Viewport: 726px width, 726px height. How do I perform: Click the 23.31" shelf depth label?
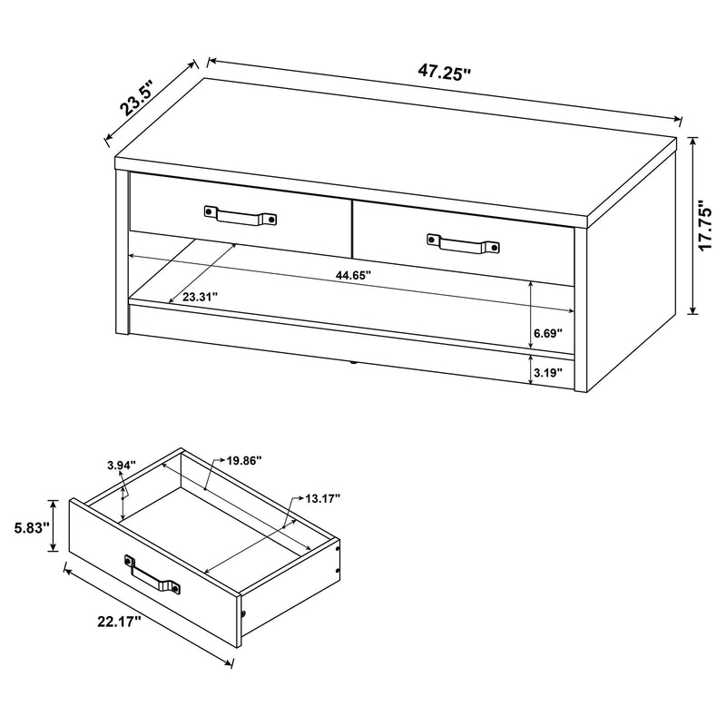tap(200, 296)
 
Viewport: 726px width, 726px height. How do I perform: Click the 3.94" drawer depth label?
tap(121, 466)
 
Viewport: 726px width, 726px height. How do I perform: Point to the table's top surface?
tap(399, 145)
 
